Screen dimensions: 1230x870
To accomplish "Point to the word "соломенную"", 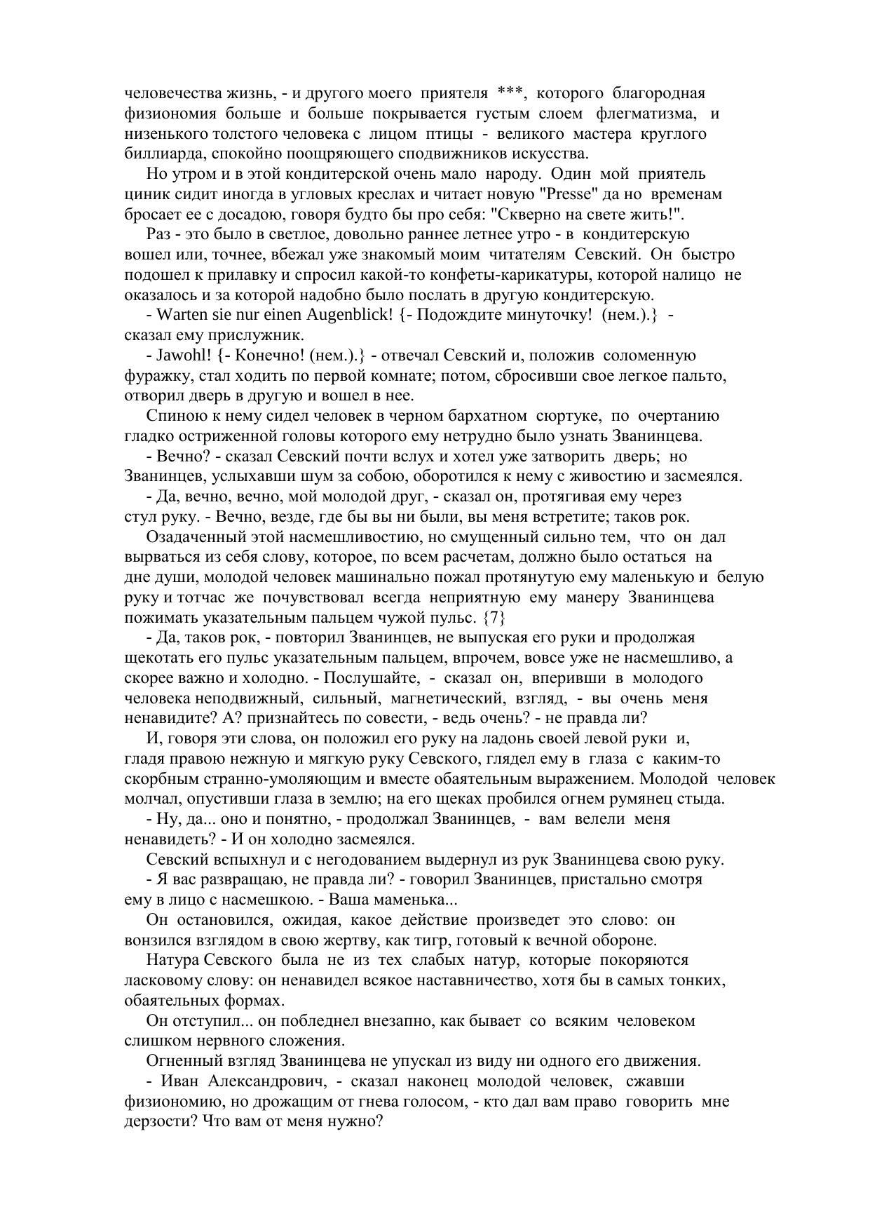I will [x=650, y=356].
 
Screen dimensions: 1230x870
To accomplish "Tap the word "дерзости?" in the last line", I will [x=157, y=1121].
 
